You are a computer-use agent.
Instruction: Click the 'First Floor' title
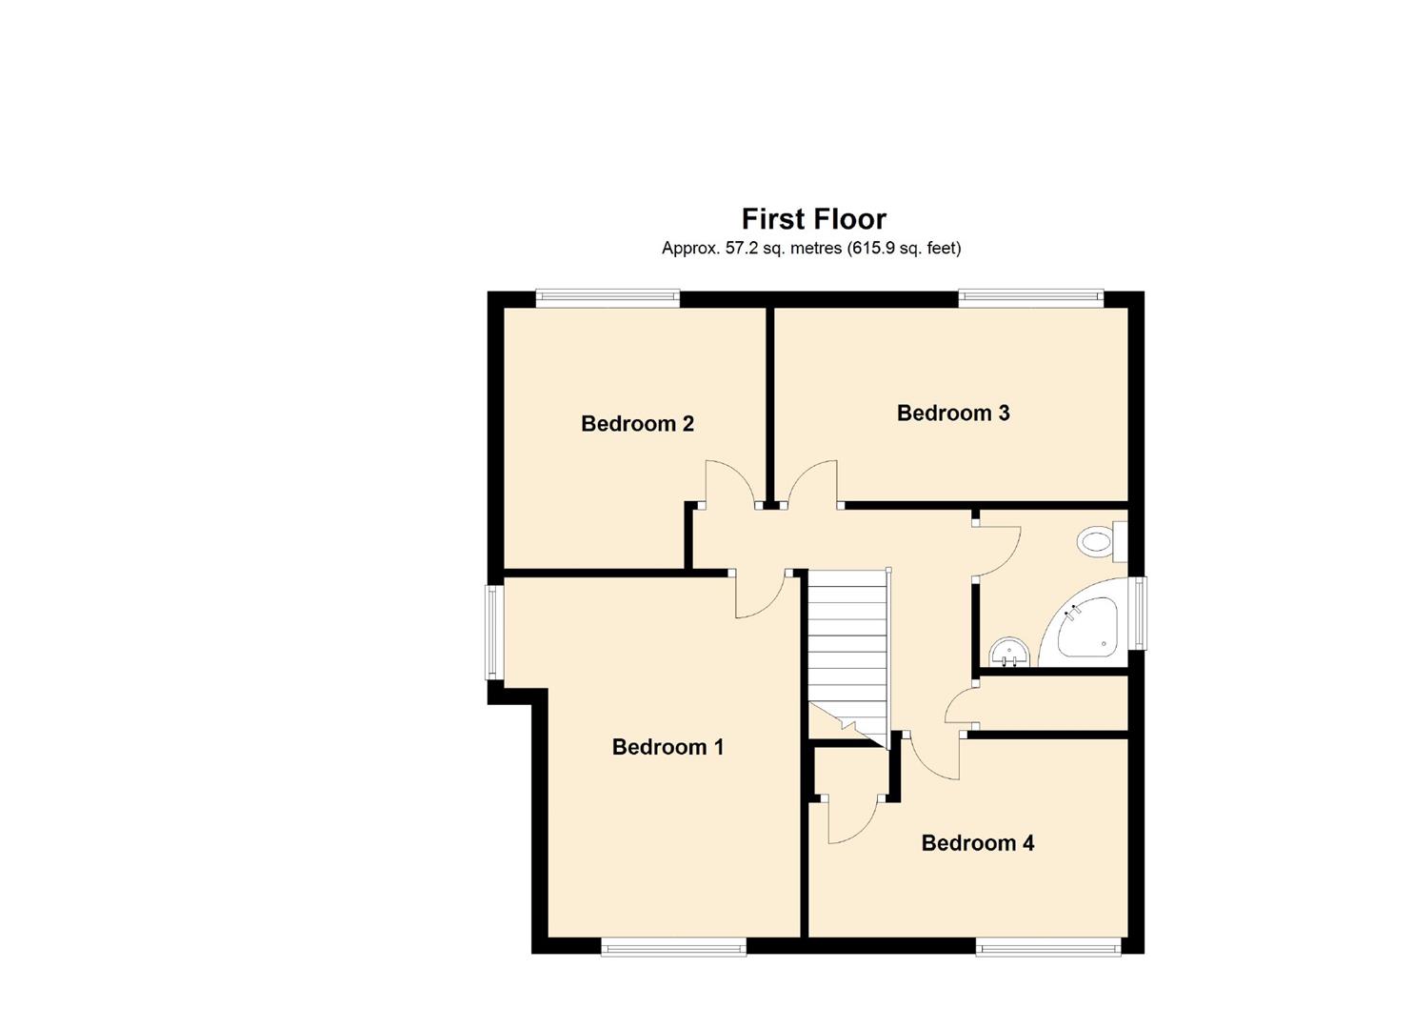point(813,219)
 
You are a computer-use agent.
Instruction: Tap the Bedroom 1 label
point(667,747)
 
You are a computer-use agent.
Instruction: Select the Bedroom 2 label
point(637,424)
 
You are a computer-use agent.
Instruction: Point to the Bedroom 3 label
point(953,414)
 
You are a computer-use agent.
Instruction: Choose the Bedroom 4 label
point(977,843)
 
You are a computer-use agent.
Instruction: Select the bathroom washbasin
point(1008,655)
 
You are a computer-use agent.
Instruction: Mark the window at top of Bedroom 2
point(607,298)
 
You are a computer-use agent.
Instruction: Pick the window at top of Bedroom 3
point(1030,298)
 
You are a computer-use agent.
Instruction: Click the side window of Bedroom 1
point(493,632)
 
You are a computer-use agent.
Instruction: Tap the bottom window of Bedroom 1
point(672,946)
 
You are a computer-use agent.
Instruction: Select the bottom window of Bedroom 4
point(1047,946)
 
